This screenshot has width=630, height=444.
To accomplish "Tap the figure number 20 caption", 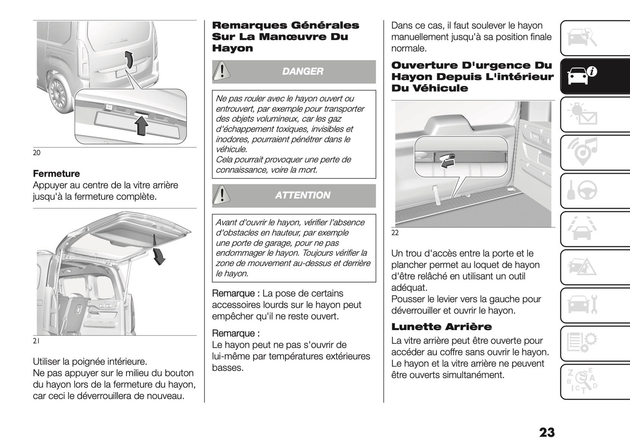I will pos(37,153).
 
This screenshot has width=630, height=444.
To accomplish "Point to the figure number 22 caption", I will pos(395,233).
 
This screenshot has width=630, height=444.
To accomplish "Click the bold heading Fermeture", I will pos(56,174).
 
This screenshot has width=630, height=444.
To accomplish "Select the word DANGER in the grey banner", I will pos(303,72).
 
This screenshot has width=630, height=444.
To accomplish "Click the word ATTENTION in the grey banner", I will pos(303,195).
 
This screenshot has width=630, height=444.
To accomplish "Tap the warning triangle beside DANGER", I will pos(222,72).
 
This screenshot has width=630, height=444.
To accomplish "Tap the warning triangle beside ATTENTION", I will pos(222,195).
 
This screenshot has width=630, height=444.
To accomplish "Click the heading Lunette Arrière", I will pos(441,327).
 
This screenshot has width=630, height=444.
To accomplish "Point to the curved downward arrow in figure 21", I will pos(159,256).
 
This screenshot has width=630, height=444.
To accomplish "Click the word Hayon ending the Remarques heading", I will pos(232,48).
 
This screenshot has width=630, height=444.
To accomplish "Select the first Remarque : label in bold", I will pos(236,294).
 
